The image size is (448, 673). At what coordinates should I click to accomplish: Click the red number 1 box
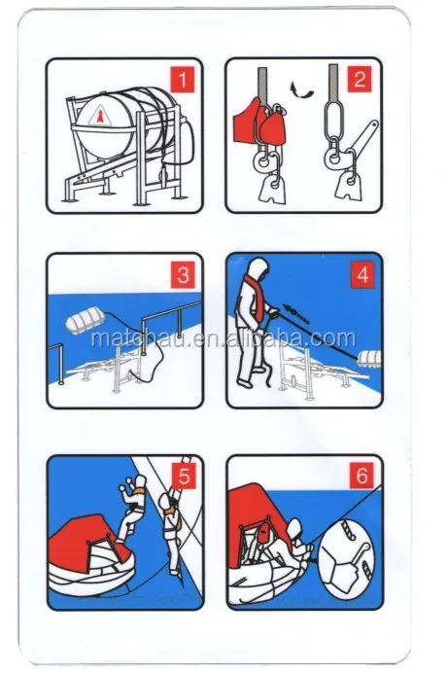click(x=182, y=80)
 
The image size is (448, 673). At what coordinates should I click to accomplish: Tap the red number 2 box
click(x=361, y=79)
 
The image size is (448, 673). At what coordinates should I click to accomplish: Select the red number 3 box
click(x=183, y=274)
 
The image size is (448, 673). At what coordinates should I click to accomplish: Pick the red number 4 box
click(x=362, y=274)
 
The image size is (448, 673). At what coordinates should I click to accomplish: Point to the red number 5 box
click(x=184, y=476)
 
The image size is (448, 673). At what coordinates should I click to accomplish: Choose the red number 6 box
click(x=362, y=476)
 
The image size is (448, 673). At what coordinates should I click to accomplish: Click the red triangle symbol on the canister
click(x=99, y=117)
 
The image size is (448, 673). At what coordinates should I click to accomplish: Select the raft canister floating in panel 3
click(x=85, y=325)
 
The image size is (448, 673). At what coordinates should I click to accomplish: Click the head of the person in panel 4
click(x=258, y=268)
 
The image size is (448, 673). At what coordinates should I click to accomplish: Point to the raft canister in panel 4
click(x=367, y=360)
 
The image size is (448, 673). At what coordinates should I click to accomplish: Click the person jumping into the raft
click(x=131, y=507)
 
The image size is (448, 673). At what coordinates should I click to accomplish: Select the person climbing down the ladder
click(x=172, y=532)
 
